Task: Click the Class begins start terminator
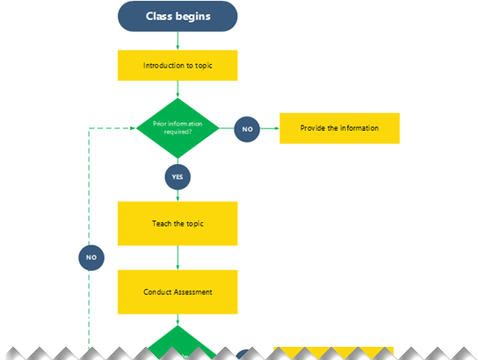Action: [x=177, y=16]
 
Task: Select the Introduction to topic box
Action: [x=177, y=65]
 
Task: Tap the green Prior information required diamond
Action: [x=177, y=128]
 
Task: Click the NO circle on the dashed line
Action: [x=90, y=257]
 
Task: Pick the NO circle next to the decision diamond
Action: [x=247, y=129]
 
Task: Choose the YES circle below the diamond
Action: [x=177, y=176]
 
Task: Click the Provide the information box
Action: [x=339, y=128]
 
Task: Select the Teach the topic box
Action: [x=177, y=223]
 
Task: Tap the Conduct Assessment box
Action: [x=177, y=292]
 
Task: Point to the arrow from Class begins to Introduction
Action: [x=177, y=41]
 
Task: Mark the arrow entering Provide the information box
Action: [x=271, y=129]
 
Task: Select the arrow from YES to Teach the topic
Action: [x=177, y=196]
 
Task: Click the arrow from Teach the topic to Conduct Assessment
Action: [x=177, y=258]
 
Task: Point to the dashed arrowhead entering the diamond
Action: [x=131, y=128]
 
